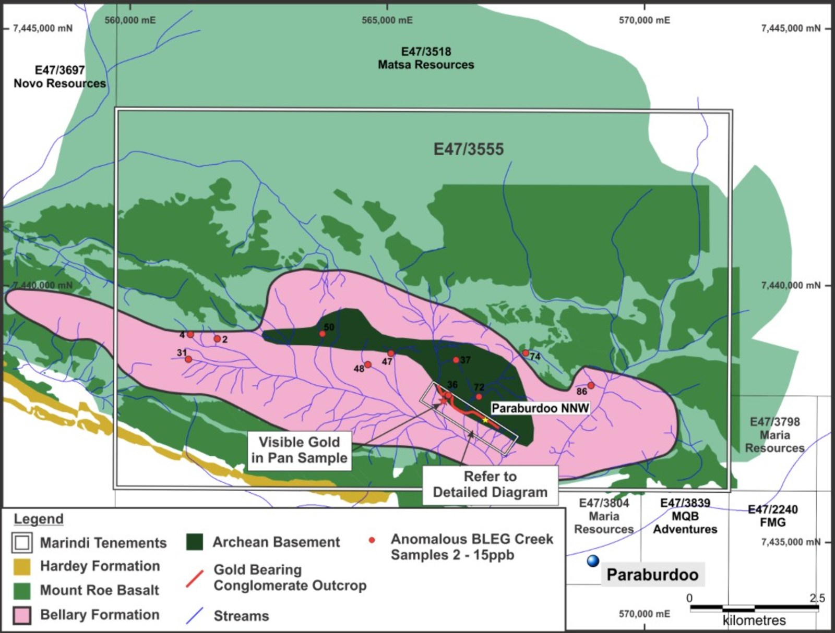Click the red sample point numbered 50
click(x=323, y=334)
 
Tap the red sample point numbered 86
click(x=591, y=385)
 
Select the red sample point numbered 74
click(x=526, y=353)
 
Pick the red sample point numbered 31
click(x=188, y=359)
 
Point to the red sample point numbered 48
click(x=368, y=364)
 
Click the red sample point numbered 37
click(x=456, y=360)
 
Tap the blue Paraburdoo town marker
click(x=593, y=561)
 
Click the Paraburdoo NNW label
click(x=540, y=408)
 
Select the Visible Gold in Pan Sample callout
click(x=299, y=450)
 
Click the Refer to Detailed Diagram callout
click(x=490, y=484)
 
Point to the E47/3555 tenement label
click(x=469, y=150)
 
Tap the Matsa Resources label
click(x=426, y=65)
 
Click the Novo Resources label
click(x=59, y=83)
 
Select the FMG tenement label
click(x=772, y=522)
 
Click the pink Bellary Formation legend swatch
click(x=22, y=615)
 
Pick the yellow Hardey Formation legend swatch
click(x=22, y=566)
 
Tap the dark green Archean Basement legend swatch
click(x=194, y=542)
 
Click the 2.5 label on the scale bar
click(x=817, y=598)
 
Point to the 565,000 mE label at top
click(x=387, y=20)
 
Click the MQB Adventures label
click(x=685, y=529)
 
